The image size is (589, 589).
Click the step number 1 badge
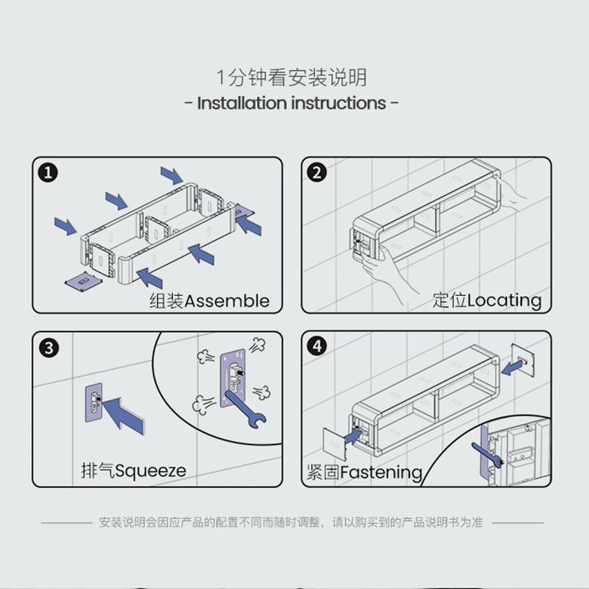point(48,174)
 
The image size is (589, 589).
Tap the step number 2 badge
point(317,174)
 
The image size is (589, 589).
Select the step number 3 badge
point(48,348)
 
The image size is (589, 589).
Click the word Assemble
point(227,300)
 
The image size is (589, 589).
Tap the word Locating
point(504,300)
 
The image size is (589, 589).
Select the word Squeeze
point(150,470)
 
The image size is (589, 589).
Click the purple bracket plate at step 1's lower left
point(81,281)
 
